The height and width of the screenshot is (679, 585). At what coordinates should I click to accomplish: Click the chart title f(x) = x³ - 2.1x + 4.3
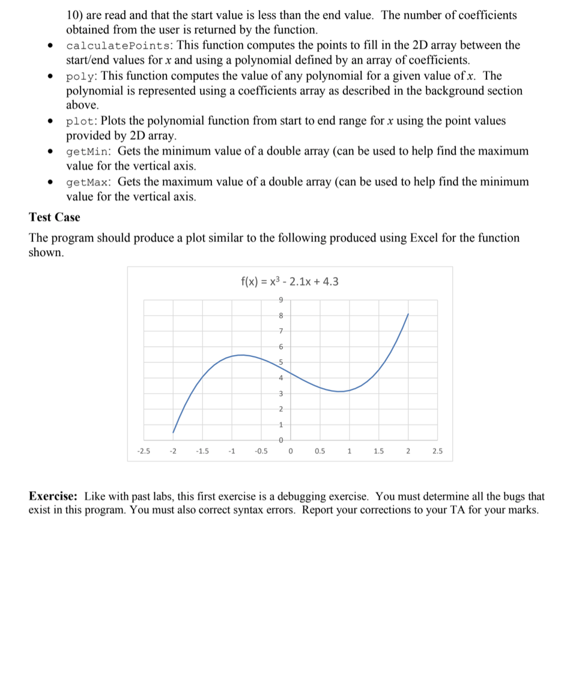pos(289,281)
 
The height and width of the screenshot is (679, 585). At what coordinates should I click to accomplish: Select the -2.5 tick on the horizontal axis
pos(144,451)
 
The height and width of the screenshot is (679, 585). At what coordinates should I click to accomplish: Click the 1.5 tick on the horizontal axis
pos(378,451)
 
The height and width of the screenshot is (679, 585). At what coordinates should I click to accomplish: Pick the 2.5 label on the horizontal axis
pos(437,451)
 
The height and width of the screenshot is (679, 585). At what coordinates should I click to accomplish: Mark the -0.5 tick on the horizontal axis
pos(261,451)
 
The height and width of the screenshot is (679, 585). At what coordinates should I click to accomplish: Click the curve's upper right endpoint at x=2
pos(409,314)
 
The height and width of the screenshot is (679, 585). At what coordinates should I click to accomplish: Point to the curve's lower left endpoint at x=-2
pos(173,432)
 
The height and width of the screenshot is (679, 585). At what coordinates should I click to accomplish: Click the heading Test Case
pos(55,217)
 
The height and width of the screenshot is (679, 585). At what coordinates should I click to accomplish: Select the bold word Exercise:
pos(53,497)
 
